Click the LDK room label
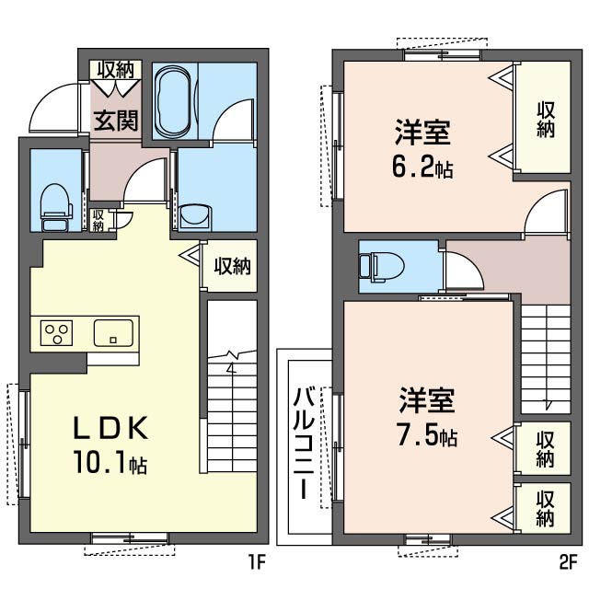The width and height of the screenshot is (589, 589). click(x=110, y=429)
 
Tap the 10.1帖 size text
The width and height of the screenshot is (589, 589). click(x=110, y=462)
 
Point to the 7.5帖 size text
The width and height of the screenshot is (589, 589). click(x=427, y=435)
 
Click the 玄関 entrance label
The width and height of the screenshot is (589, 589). click(x=116, y=121)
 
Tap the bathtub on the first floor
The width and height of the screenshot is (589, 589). click(x=173, y=102)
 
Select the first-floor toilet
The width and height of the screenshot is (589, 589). click(x=56, y=207)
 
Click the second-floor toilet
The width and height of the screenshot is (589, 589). click(x=381, y=266)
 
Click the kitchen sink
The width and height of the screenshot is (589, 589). click(x=113, y=333)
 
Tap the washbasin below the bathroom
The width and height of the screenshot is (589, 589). click(x=194, y=217)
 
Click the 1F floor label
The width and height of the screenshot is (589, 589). click(x=258, y=562)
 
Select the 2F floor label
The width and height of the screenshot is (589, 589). click(x=568, y=562)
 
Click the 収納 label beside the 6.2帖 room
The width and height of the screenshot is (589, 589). click(x=546, y=120)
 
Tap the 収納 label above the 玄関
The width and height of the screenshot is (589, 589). click(x=116, y=70)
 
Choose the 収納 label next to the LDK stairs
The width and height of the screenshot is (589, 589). click(x=233, y=266)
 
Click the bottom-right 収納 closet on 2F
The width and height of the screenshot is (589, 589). click(x=545, y=509)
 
